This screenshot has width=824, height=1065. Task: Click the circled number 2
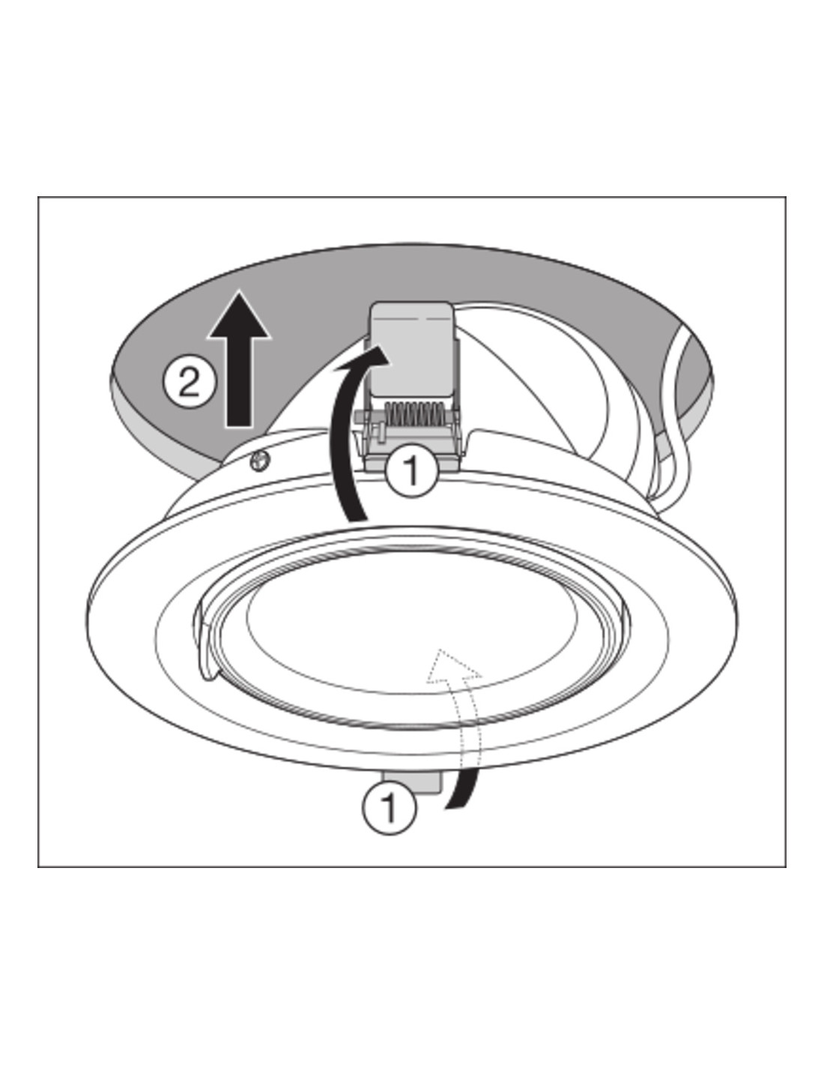coord(190,381)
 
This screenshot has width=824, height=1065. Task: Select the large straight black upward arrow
coord(239,359)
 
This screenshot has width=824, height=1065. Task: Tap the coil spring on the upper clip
coord(413,415)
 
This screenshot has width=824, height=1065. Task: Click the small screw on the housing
coord(259,461)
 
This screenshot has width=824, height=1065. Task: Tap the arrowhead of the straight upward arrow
coord(239,314)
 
